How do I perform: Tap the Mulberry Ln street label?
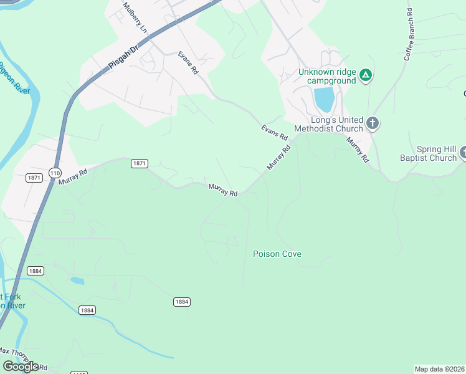coord(135,18)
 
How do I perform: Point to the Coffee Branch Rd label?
coord(409,34)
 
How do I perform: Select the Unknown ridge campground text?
coord(326,76)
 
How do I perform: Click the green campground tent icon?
coord(366,76)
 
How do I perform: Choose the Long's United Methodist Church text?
coord(336,124)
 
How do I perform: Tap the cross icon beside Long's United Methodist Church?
coord(372,123)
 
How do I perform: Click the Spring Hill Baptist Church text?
coord(428,153)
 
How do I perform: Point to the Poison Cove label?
coord(277,254)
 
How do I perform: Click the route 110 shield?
coord(55,172)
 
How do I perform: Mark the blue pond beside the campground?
coord(324,98)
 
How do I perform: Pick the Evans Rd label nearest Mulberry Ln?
coord(188,64)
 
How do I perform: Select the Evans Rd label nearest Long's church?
coord(274,132)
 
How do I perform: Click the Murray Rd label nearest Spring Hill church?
coord(357,150)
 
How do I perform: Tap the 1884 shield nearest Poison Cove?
coord(181,302)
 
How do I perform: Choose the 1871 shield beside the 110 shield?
coord(34,178)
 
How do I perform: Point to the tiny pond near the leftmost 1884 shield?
coord(77,280)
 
